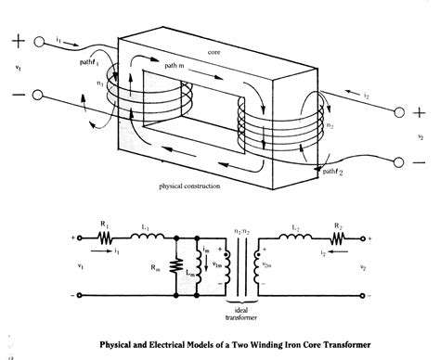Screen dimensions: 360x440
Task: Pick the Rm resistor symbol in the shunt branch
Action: [x=175, y=269]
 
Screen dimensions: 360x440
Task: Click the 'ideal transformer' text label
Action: [x=244, y=312]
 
